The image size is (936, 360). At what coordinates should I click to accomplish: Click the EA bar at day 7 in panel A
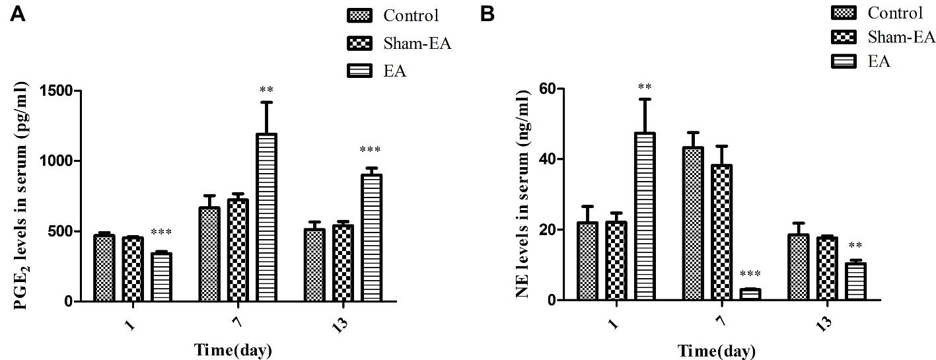(268, 217)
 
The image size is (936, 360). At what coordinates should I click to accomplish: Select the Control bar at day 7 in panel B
(694, 224)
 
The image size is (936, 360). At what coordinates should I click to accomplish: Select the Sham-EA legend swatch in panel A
(360, 44)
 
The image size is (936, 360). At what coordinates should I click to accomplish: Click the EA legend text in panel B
(879, 61)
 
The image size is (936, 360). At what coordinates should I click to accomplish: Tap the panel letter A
(18, 15)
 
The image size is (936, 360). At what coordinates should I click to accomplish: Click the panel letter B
(487, 14)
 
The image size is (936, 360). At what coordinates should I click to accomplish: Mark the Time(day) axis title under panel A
(233, 349)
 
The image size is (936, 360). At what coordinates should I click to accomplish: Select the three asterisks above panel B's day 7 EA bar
(750, 274)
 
